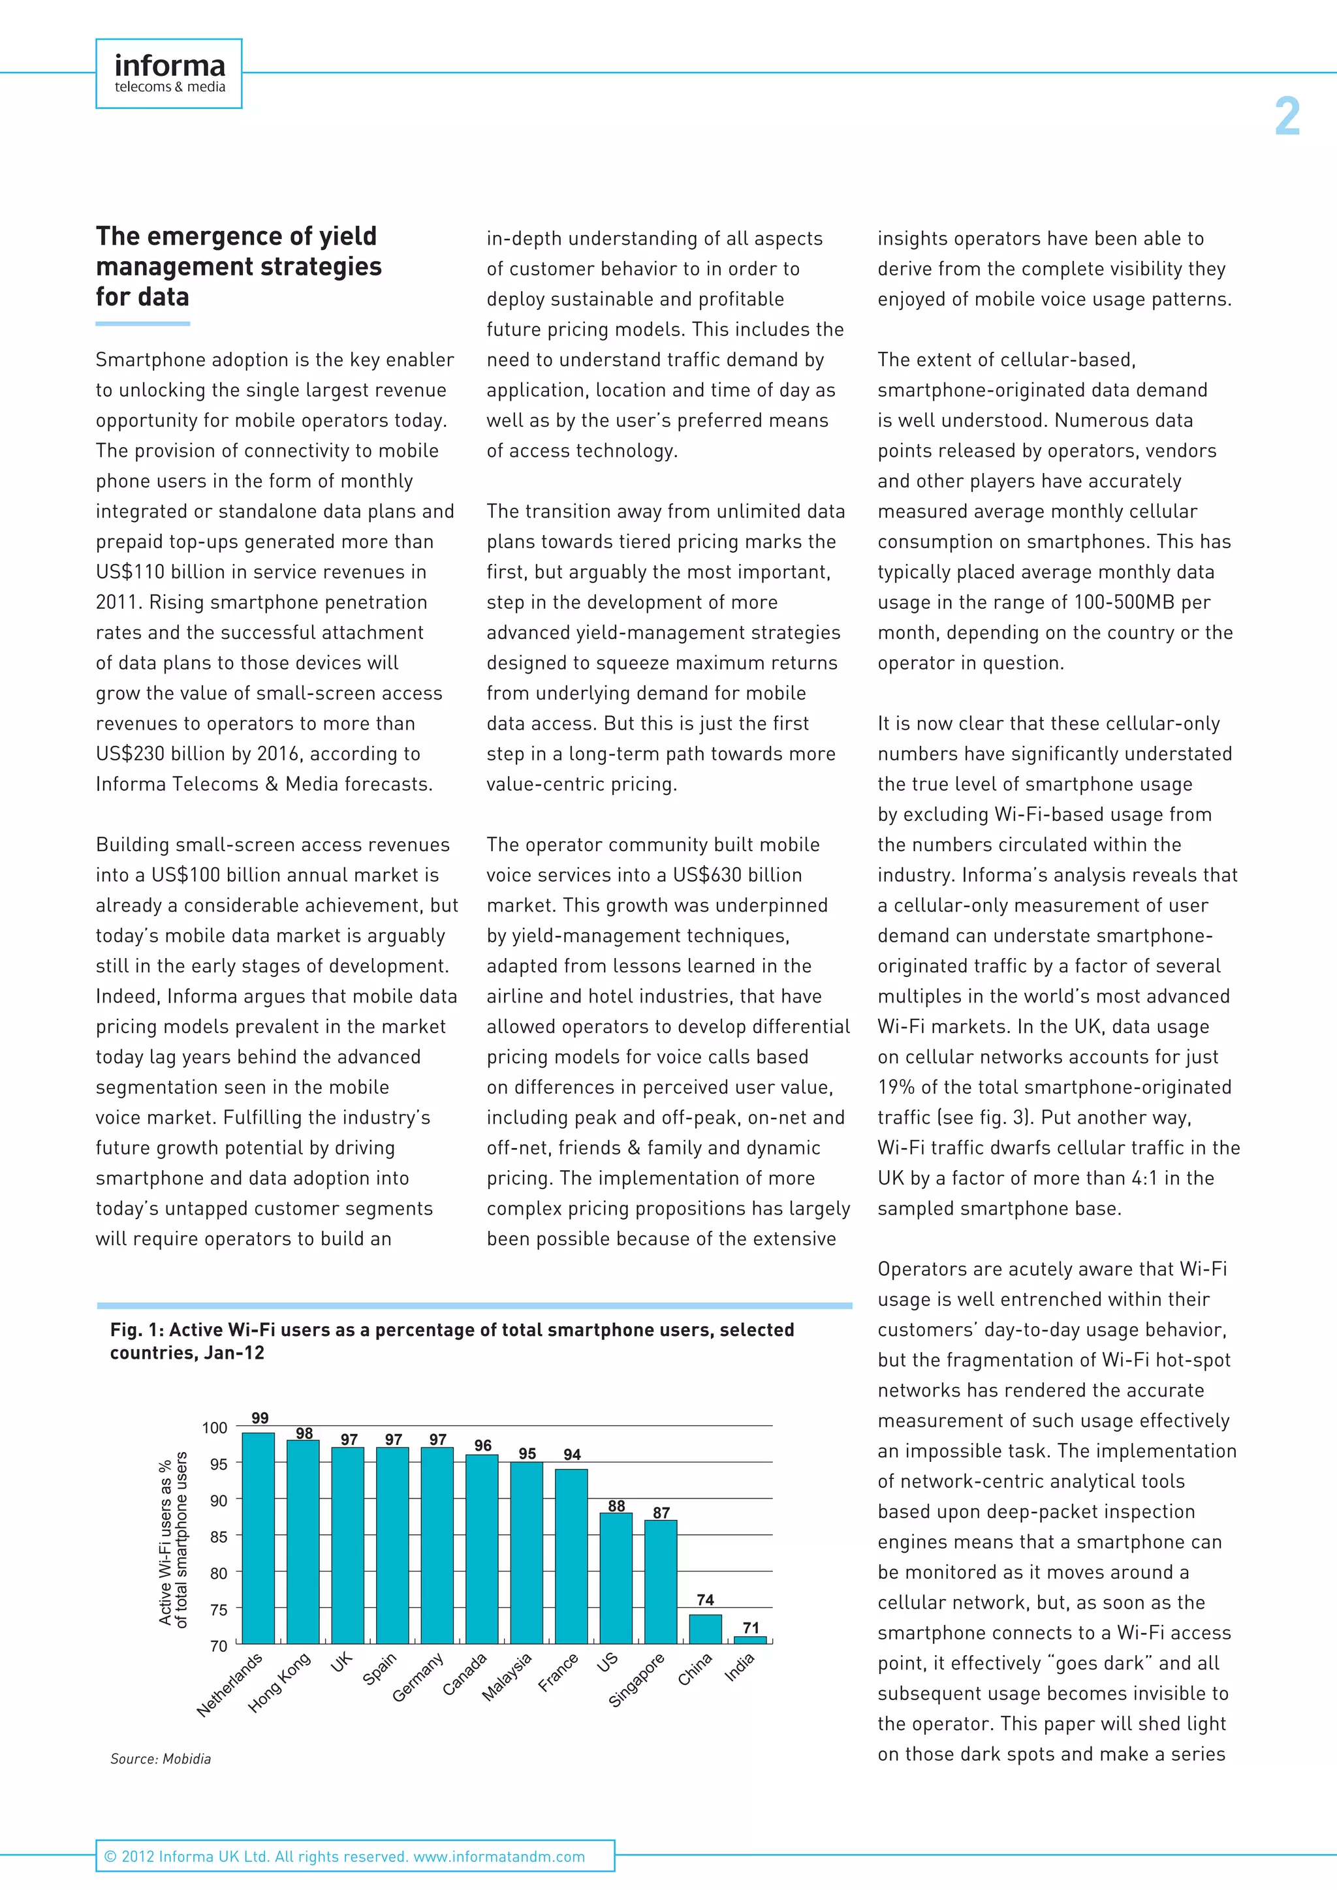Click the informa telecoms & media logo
[169, 73]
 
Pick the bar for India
[750, 1640]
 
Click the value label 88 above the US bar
[617, 1505]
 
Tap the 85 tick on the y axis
[218, 1536]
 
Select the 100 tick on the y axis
[214, 1427]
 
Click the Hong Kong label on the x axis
[280, 1682]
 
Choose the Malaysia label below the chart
[507, 1677]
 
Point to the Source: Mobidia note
[161, 1759]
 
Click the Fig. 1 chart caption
[451, 1341]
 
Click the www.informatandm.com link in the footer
[499, 1856]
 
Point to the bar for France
[571, 1556]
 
